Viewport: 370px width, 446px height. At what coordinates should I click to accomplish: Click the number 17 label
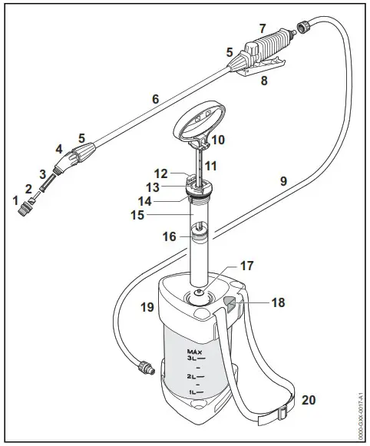(x=246, y=266)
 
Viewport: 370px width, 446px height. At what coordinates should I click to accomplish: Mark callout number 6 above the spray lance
(x=155, y=99)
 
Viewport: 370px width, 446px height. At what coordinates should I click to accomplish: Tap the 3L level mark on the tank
(x=192, y=358)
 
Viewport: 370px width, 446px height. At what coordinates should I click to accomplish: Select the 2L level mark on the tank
(x=192, y=376)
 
